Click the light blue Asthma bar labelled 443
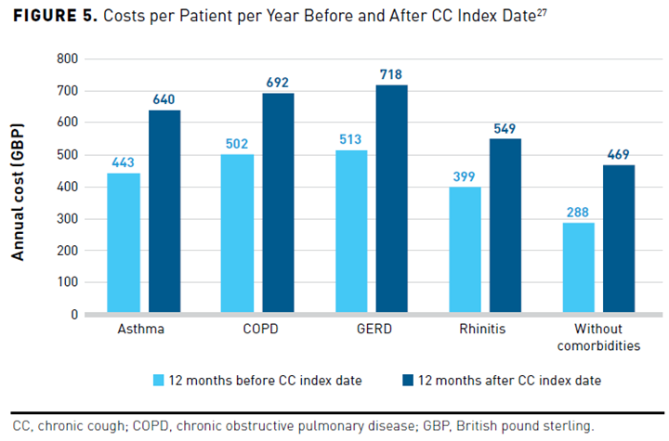[123, 243]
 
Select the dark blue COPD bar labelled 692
[278, 203]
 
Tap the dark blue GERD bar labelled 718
[392, 200]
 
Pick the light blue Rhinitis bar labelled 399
[464, 251]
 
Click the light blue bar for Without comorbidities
[578, 268]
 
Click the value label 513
[350, 140]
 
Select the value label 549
[505, 129]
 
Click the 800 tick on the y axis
[67, 58]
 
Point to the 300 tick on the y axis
[67, 218]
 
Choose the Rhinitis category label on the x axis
[484, 330]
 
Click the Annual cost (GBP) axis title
[19, 186]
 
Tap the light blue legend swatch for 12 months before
[158, 380]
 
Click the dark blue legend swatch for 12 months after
[405, 380]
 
